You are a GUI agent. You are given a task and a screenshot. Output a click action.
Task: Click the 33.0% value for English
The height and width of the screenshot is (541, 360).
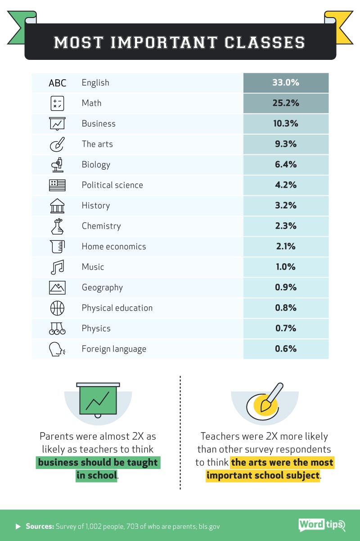286,83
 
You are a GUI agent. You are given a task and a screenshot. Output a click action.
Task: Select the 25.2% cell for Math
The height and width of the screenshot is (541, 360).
286,103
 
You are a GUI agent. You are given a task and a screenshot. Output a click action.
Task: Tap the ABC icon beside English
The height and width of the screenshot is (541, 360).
57,83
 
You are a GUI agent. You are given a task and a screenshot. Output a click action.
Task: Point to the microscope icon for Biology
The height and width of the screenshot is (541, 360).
57,165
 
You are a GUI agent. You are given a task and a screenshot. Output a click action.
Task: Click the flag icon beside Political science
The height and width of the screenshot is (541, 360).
57,185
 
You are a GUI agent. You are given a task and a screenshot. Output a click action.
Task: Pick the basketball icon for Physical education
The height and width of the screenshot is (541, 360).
57,308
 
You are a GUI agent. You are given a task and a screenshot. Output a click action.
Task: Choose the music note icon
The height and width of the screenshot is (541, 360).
57,267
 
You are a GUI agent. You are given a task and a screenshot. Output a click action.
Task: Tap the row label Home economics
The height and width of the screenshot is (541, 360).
114,246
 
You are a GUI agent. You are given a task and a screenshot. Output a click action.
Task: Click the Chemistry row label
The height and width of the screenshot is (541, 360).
101,226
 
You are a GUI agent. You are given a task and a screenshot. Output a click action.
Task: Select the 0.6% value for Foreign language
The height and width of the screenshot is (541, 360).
286,349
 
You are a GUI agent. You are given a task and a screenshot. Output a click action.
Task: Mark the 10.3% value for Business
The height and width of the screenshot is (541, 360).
286,124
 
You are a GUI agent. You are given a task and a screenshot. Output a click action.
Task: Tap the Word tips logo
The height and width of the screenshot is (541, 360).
321,525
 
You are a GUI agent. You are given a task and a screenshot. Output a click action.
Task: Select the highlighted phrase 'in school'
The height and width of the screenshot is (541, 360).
97,475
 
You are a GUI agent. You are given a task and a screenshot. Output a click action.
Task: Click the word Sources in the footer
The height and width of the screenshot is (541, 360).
40,526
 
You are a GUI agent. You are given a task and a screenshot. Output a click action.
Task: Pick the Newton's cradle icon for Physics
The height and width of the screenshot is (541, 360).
57,329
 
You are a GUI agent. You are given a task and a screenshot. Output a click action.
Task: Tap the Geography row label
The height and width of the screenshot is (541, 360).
102,288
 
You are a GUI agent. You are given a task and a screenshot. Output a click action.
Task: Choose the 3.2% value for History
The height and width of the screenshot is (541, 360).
286,206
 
